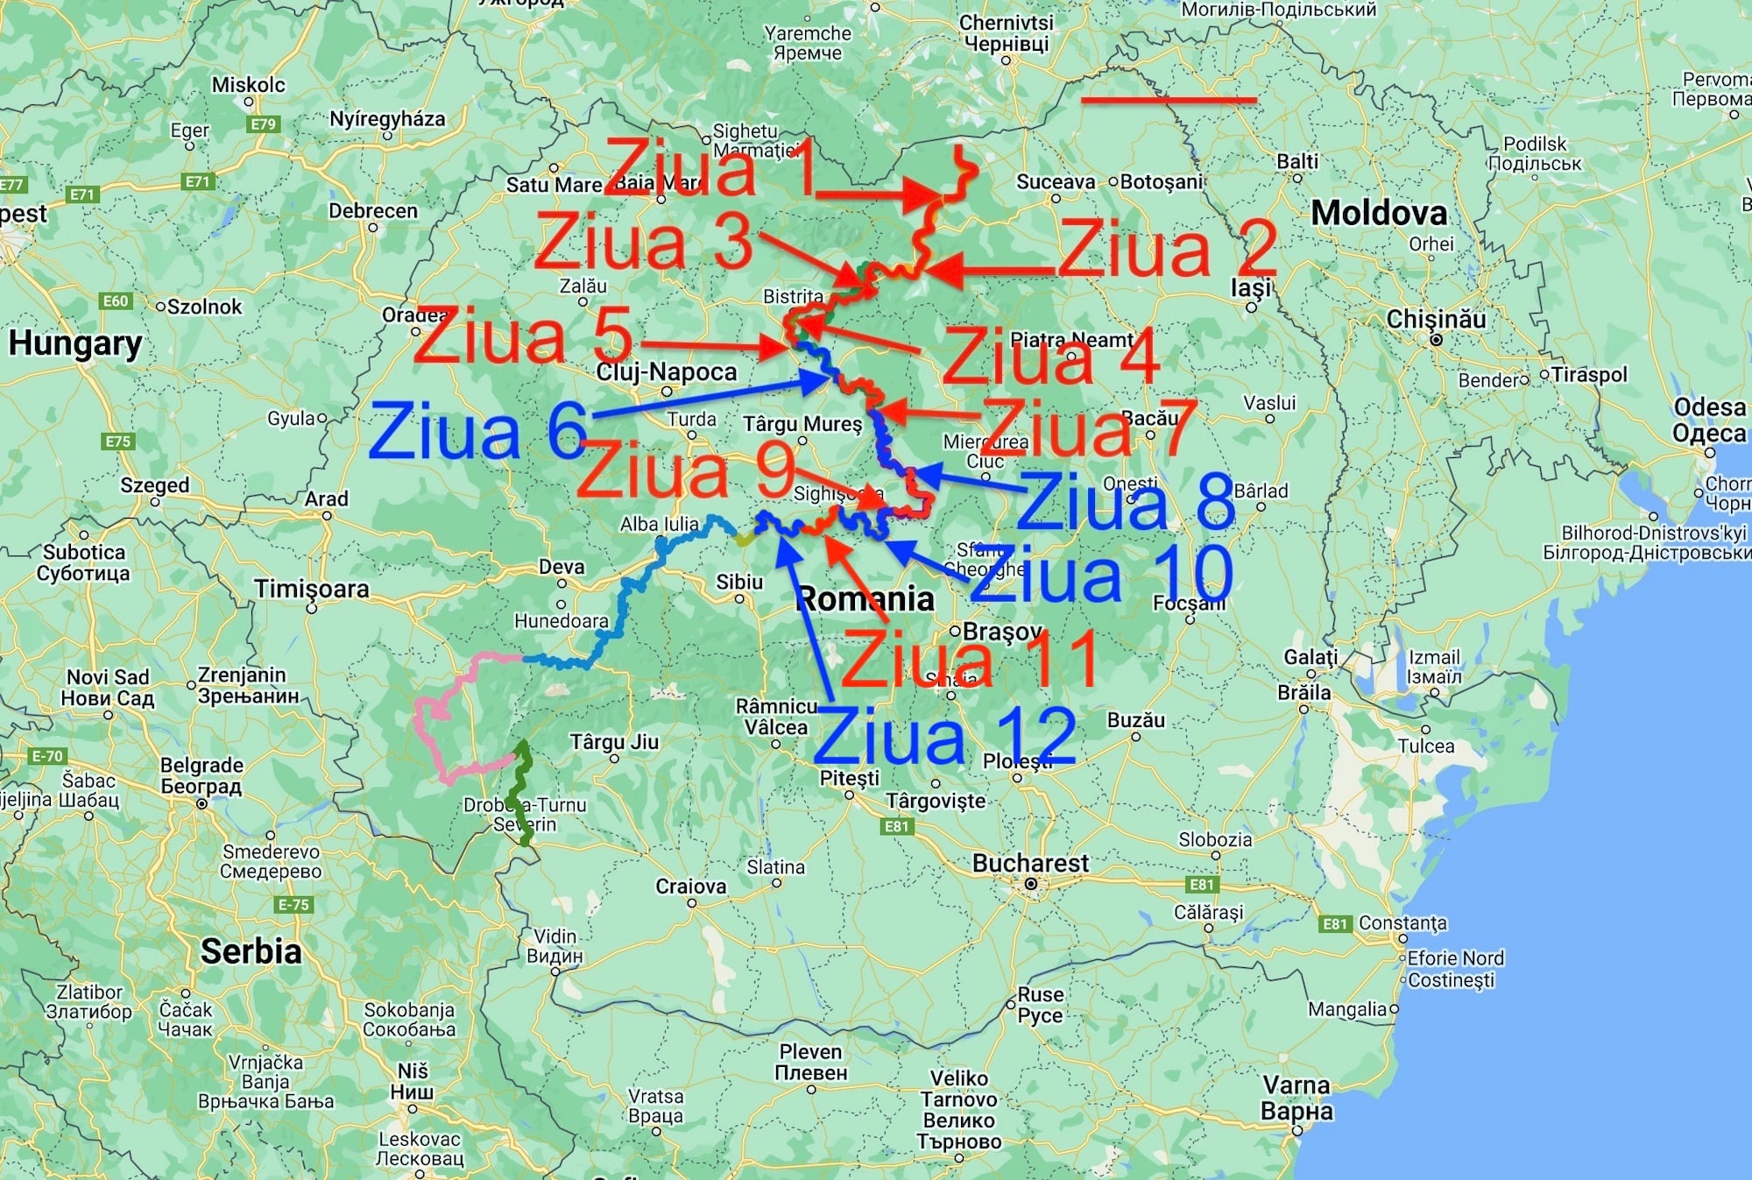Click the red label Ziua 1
click(710, 168)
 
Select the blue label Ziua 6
click(478, 432)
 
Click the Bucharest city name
click(1030, 863)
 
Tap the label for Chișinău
click(1436, 319)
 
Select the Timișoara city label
click(312, 589)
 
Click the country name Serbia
click(251, 950)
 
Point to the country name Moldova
click(1379, 213)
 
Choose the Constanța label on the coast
click(1402, 922)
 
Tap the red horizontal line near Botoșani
click(1169, 101)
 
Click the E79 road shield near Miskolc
click(263, 124)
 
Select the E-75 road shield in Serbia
click(293, 904)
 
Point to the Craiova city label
click(690, 886)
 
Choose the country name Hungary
click(75, 343)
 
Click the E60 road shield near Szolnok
click(116, 301)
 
